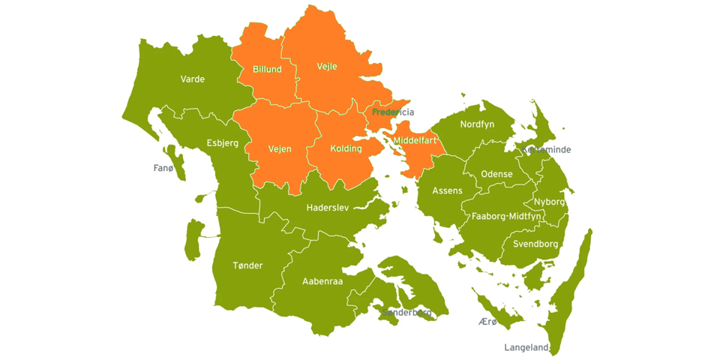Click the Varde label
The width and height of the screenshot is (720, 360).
(193, 79)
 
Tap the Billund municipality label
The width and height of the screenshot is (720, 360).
(267, 70)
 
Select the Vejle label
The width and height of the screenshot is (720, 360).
(327, 67)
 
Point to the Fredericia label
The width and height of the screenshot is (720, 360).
(393, 112)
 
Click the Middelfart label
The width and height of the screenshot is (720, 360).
(415, 140)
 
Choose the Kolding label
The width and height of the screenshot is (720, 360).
(346, 148)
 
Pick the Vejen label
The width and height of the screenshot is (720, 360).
(280, 148)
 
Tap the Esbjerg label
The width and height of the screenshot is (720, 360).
(223, 143)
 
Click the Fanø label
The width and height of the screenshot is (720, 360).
(163, 168)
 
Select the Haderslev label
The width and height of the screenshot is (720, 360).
(328, 208)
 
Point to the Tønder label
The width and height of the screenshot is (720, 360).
(247, 265)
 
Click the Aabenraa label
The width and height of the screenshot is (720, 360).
(322, 282)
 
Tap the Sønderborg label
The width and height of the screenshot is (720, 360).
(407, 312)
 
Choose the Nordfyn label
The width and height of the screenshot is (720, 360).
(477, 124)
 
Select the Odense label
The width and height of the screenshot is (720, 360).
(496, 174)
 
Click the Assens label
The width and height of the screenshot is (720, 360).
(447, 191)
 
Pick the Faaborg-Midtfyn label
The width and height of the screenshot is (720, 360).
(506, 216)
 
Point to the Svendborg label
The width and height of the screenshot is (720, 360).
(535, 244)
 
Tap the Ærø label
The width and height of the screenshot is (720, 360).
(487, 322)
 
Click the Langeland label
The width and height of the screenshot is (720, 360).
(526, 347)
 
